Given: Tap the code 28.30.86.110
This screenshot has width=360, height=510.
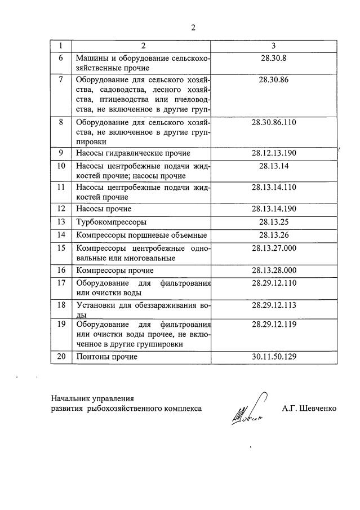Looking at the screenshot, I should (x=274, y=122).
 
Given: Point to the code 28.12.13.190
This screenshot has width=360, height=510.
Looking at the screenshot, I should (x=274, y=153).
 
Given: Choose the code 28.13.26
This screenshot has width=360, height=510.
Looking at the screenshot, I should (x=274, y=234).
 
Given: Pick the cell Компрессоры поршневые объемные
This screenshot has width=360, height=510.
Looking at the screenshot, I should (x=141, y=235).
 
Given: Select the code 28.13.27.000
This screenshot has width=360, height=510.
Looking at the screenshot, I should (x=274, y=248).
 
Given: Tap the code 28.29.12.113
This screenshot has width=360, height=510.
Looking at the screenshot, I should (x=274, y=305).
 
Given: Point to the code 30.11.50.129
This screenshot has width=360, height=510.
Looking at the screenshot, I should (x=274, y=357).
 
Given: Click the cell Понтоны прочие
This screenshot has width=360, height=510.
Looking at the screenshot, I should (x=106, y=357).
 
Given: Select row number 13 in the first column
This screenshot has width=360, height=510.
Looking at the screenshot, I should (x=61, y=221).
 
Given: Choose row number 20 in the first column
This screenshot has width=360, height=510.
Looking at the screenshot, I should (x=61, y=357).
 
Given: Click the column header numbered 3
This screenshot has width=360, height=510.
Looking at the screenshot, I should (x=274, y=45).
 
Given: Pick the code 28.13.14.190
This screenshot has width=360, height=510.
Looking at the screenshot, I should (x=274, y=209).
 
